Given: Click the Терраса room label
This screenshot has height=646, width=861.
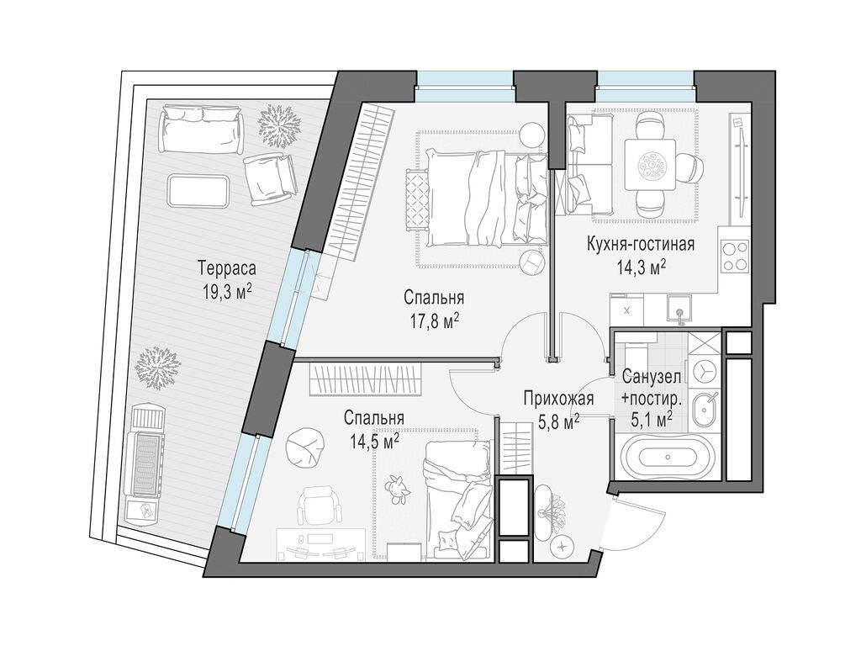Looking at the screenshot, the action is coord(227,269).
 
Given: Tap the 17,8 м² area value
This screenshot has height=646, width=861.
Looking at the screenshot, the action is coord(434,320).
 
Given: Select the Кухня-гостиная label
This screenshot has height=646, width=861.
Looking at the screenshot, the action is coord(641,243).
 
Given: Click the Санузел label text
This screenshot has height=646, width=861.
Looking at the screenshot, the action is coord(652,378).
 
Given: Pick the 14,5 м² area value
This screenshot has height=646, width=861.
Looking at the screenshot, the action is coord(372,441).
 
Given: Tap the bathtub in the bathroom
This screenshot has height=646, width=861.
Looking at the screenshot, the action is coord(668,457).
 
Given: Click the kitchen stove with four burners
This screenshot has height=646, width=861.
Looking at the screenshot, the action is coord(733,256).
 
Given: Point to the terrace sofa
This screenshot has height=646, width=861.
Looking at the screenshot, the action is coord(202,130).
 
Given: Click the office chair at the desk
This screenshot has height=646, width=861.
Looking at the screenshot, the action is coord(315,506).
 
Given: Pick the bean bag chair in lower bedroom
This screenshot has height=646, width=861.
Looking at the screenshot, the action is coord(304,447).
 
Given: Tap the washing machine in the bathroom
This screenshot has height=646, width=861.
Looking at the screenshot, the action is coord(703,371).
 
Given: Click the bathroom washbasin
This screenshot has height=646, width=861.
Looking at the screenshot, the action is coord(705,410).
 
